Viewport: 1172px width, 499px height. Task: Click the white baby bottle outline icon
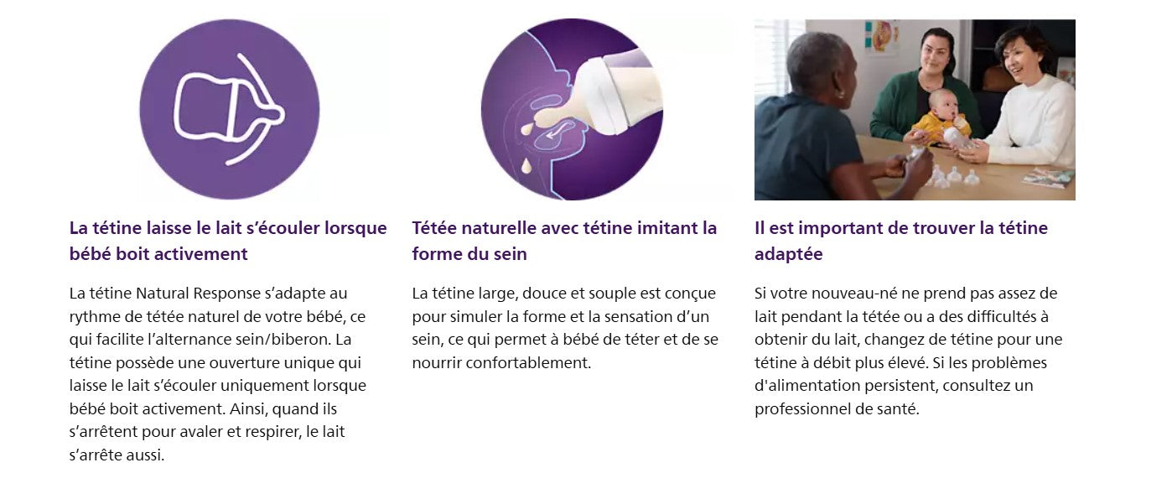click(x=228, y=107)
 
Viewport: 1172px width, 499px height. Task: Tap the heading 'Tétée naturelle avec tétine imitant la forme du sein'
click(x=564, y=241)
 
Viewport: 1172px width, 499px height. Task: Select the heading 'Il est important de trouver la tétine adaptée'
click(x=901, y=241)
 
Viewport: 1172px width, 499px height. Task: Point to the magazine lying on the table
click(x=1049, y=178)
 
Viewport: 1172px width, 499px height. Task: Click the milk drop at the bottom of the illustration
click(x=526, y=167)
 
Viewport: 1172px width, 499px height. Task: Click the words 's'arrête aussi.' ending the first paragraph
click(x=117, y=455)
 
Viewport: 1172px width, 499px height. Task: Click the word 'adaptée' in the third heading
click(x=789, y=254)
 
